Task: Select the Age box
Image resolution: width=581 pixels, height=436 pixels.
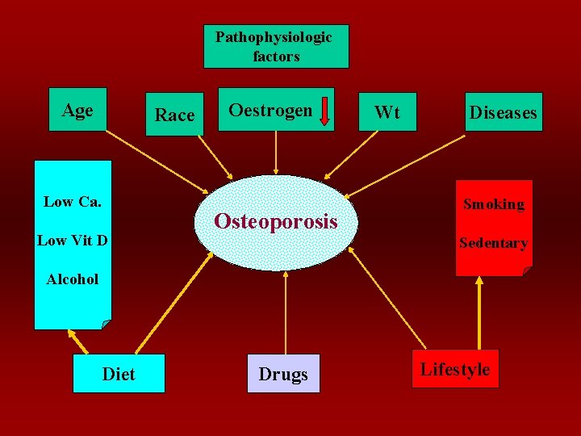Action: click(x=77, y=110)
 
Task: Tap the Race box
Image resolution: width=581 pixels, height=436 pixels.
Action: click(x=174, y=115)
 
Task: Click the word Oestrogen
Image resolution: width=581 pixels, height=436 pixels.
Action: click(x=270, y=109)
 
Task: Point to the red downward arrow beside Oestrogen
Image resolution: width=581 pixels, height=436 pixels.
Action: click(x=324, y=111)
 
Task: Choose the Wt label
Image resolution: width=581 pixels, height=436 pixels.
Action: click(x=387, y=112)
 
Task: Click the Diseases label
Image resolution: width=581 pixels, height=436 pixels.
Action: click(x=503, y=112)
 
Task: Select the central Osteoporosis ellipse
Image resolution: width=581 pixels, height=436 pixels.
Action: click(x=276, y=221)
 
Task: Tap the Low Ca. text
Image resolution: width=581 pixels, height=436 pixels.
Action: click(x=73, y=202)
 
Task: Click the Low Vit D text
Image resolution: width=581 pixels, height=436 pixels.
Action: click(x=73, y=240)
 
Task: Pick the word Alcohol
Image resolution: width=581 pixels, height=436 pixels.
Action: click(x=73, y=279)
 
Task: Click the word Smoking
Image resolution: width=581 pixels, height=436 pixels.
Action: click(x=493, y=204)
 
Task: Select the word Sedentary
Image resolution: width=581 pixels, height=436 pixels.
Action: click(x=493, y=243)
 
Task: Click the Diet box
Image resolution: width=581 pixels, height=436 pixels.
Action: click(x=119, y=374)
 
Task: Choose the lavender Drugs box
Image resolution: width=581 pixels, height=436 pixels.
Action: click(x=283, y=374)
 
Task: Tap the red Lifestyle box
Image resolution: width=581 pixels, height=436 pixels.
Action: click(x=455, y=369)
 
